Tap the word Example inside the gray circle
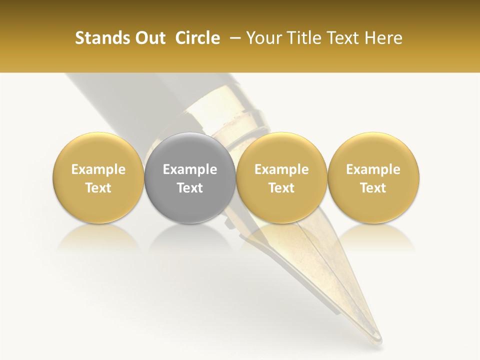click(x=190, y=169)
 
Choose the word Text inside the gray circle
click(x=190, y=188)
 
